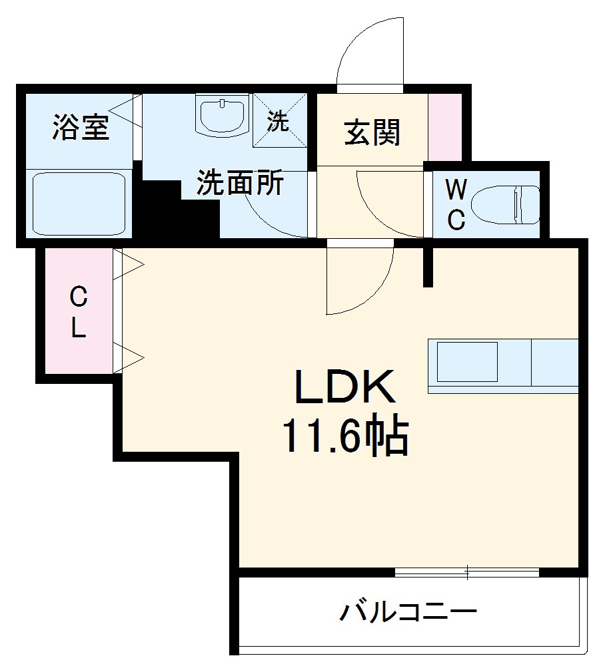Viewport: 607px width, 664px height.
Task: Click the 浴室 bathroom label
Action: coord(81,128)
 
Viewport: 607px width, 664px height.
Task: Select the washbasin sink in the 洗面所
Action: coord(223,116)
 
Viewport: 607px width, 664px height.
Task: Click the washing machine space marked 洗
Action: coord(279,121)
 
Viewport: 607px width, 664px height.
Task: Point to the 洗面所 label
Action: coord(240,183)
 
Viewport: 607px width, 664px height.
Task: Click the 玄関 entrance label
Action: coord(372,132)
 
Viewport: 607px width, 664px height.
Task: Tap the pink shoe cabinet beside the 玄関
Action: coord(444,127)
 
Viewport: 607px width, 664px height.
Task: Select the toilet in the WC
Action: coord(504,204)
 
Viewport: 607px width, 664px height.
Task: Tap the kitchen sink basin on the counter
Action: coord(466,361)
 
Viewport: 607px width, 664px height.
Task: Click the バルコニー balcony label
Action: coord(408,611)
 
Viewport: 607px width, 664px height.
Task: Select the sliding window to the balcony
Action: coord(467,572)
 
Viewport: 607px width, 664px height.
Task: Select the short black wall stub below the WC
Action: coord(428,265)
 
